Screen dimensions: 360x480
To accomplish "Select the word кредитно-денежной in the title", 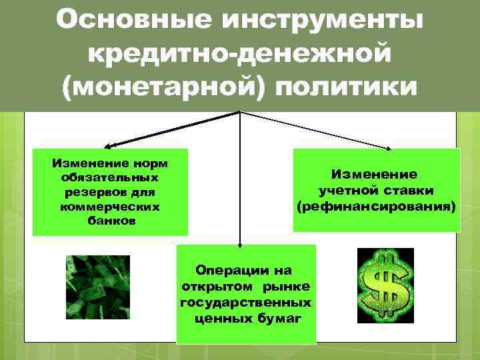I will [239, 54].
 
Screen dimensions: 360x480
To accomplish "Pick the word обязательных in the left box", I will [109, 178].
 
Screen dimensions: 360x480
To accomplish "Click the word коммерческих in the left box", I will [109, 206].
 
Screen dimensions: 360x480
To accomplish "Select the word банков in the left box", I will [110, 220].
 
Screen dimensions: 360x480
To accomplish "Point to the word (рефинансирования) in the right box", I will [377, 207].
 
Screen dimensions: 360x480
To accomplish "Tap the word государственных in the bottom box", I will [246, 302].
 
